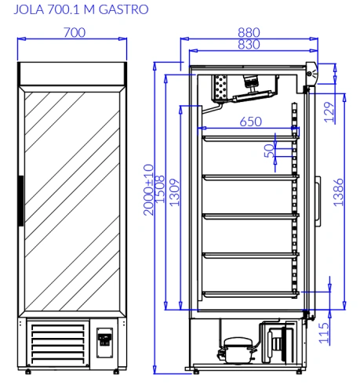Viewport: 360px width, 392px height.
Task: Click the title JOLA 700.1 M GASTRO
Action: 81,9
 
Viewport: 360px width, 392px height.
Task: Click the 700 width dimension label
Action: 75,33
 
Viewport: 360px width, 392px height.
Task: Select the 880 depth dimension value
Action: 249,33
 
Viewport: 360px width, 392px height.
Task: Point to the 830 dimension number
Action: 249,45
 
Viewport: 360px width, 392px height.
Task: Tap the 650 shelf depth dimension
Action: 251,122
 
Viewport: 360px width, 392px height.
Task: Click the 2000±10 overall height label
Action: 148,190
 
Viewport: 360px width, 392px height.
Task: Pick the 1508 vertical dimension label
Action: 159,190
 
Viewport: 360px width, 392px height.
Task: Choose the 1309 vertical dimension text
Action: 175,193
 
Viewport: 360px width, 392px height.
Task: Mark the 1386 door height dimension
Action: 338,192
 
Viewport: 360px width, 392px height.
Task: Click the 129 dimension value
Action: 329,112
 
